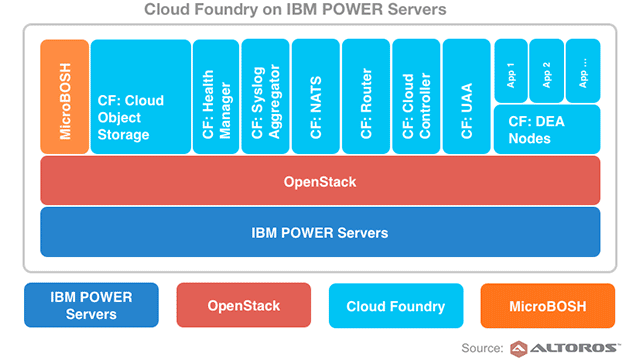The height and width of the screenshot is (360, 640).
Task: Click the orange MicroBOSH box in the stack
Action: click(x=64, y=97)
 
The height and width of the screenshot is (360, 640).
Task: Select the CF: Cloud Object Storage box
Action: click(x=140, y=97)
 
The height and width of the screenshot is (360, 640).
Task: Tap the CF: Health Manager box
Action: click(x=215, y=97)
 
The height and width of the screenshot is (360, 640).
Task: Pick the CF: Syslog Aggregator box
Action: click(x=265, y=97)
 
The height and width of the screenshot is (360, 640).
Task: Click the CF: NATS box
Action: click(x=315, y=97)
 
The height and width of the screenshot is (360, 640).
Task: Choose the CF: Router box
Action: click(x=365, y=97)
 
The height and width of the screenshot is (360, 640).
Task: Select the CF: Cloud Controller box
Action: click(x=415, y=97)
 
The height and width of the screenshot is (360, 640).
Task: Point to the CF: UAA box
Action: click(x=466, y=97)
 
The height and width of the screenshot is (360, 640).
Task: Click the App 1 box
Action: click(x=510, y=71)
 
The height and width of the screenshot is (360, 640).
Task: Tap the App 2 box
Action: click(x=546, y=71)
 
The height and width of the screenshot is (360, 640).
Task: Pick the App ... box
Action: click(x=583, y=71)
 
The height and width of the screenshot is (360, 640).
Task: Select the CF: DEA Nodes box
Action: click(x=547, y=129)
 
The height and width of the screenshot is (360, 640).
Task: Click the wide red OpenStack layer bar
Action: click(x=320, y=181)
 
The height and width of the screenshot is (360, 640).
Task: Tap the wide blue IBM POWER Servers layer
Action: click(x=320, y=232)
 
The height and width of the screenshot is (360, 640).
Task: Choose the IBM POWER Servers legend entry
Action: click(x=91, y=305)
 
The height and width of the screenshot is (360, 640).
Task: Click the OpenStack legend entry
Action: click(x=243, y=305)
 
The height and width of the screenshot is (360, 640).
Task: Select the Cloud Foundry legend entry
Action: click(x=396, y=305)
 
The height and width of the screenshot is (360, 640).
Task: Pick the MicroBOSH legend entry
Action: click(x=547, y=305)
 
